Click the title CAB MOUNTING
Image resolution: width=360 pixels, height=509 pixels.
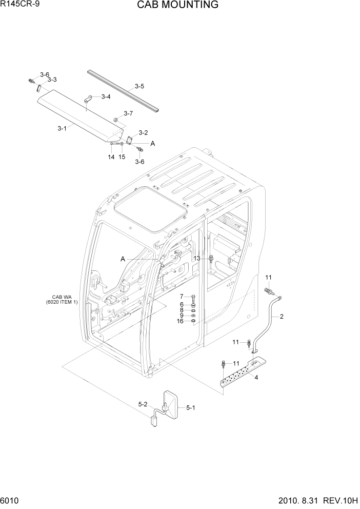[177, 6]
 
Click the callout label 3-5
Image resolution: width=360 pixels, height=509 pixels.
[139, 86]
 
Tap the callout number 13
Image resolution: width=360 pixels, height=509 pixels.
[196, 259]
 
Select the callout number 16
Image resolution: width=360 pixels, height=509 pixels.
[180, 321]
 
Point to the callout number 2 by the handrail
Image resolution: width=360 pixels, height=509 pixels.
[282, 316]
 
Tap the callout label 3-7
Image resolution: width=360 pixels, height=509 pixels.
[128, 113]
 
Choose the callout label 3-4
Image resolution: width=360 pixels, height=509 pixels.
[106, 96]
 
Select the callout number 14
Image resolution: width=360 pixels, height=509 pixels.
[111, 157]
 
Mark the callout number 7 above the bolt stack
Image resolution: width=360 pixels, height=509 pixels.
[181, 297]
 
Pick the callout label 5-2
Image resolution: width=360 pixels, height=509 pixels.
[143, 404]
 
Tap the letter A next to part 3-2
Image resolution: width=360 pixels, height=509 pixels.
[152, 144]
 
